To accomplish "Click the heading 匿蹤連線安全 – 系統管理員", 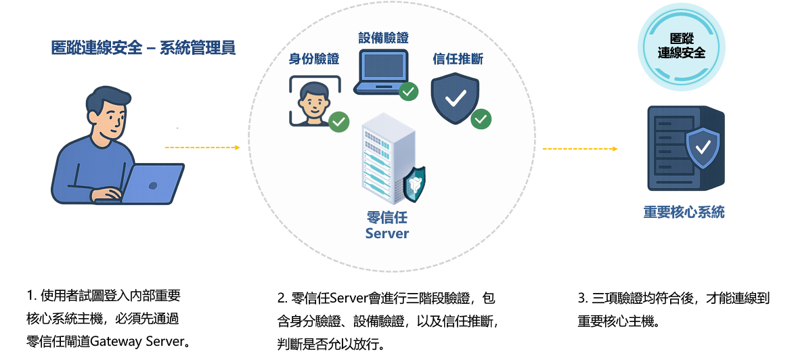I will (x=144, y=47).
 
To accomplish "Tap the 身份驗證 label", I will (x=314, y=59).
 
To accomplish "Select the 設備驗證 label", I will (x=384, y=38).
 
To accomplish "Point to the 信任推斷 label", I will (x=458, y=59).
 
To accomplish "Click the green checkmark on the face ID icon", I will (x=338, y=122).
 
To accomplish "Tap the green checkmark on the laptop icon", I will (x=408, y=91).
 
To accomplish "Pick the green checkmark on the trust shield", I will (x=481, y=118).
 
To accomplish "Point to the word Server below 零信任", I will (x=387, y=233).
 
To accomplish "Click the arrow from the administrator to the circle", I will (x=202, y=147).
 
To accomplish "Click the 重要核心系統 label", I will (x=684, y=212).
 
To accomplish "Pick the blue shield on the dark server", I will (x=703, y=147).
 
